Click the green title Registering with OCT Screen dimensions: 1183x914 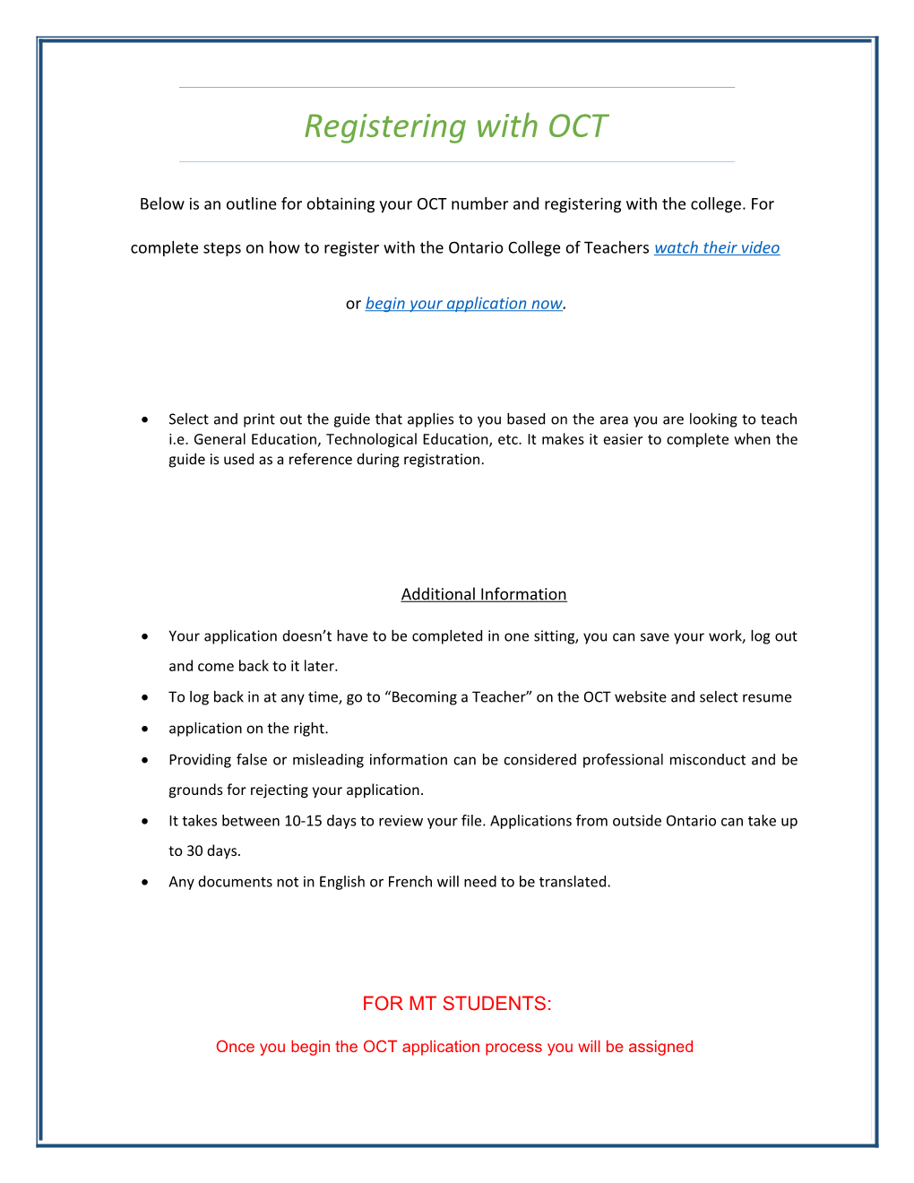[456, 126]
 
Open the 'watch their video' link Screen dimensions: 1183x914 [716, 248]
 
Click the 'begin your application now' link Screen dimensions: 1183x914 [463, 304]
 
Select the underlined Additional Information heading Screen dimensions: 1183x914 [484, 594]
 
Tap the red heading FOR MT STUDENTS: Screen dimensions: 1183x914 [457, 1004]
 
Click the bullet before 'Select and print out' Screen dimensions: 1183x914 [145, 419]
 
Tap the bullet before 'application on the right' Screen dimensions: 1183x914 [145, 729]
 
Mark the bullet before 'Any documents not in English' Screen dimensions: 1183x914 [145, 882]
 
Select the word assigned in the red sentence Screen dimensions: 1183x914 [660, 1047]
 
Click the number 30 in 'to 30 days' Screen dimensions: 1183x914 [194, 851]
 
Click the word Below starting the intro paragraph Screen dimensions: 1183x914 [162, 204]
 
